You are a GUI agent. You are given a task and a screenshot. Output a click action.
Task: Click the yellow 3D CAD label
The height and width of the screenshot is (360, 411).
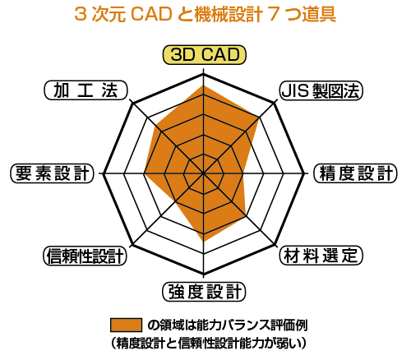coord(205,55)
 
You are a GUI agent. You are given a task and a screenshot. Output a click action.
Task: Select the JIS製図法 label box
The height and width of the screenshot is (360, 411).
coord(321,90)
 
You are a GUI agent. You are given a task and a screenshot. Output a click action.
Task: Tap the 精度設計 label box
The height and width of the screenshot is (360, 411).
coord(355,173)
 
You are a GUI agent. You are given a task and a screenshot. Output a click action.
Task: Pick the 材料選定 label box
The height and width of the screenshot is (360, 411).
coord(321,256)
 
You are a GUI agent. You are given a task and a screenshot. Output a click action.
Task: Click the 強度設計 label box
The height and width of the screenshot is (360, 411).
coord(204,292)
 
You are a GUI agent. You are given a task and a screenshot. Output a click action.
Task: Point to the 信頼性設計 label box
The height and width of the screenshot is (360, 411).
coord(85,256)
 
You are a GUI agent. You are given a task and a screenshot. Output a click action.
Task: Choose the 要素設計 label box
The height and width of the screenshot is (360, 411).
coord(52,173)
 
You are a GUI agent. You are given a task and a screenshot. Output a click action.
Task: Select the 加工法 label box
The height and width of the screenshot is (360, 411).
coord(85,90)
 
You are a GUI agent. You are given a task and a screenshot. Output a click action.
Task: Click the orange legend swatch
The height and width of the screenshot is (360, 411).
coord(126,325)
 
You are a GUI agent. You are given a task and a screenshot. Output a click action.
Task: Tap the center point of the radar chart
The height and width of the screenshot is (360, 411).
coord(203,173)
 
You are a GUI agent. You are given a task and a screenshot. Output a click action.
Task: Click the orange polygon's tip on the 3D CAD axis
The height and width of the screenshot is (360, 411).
coord(203,85)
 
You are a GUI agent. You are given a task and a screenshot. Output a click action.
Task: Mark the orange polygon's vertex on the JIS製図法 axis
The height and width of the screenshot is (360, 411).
coord(259,118)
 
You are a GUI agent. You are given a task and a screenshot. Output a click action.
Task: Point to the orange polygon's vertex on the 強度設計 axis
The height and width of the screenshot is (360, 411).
coord(203,241)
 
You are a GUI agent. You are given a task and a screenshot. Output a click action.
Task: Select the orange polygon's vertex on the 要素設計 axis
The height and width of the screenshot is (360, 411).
coord(145,173)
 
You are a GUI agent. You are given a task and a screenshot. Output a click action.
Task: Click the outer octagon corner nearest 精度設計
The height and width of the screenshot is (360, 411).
coord(304,173)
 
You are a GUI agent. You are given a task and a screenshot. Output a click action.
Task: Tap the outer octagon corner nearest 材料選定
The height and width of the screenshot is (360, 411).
coord(275,244)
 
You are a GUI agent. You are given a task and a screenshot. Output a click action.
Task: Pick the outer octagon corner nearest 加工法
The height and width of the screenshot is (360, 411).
coord(132,103)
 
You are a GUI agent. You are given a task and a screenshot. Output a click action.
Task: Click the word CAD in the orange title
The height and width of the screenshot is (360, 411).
coord(151,14)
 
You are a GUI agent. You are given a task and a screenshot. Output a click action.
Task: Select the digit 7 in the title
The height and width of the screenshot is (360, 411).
coord(273,14)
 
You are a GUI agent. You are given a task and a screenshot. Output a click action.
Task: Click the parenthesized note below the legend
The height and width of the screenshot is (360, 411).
coord(208,343)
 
